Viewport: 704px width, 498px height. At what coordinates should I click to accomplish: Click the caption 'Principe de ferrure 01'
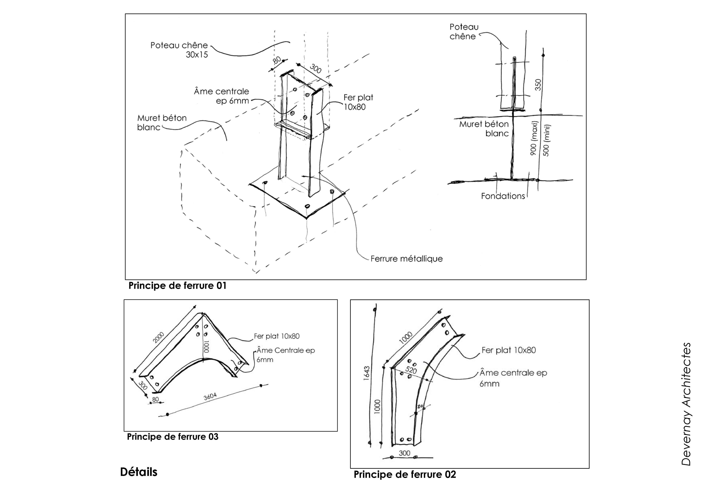coord(177,286)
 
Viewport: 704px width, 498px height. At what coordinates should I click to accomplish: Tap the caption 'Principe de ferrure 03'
coord(173,437)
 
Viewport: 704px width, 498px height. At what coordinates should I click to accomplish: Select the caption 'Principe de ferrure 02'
coord(405,474)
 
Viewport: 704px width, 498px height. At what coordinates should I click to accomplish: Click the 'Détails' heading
coord(139,472)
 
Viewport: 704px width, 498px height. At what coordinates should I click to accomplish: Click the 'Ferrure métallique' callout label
coord(406,259)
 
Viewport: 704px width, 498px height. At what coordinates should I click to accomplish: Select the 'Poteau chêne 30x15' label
coord(179,50)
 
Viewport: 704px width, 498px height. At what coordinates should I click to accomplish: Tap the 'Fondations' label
coord(503,196)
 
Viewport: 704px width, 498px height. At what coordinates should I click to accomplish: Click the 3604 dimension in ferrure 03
coord(210,397)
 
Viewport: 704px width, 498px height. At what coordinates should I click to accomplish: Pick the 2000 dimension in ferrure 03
coord(159,338)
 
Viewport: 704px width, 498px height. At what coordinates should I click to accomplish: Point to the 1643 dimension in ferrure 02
coord(367,373)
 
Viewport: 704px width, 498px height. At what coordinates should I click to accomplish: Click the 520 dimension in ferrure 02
coord(411,370)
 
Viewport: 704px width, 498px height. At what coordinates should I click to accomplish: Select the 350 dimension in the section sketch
coord(538,85)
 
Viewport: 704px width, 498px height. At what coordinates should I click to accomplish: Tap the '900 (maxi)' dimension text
coord(534,138)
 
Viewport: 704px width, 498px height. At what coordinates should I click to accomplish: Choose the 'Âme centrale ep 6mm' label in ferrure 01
coord(221,96)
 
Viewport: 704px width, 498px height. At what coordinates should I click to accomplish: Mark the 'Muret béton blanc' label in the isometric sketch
coord(162,122)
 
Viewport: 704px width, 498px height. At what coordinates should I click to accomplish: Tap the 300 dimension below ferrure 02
coord(404,453)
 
